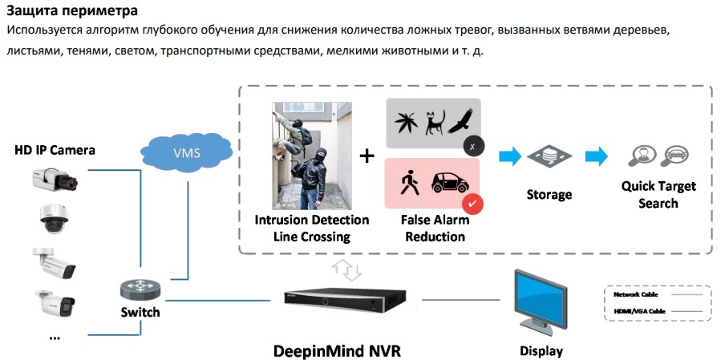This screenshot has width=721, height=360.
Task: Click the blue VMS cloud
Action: pos(186,152)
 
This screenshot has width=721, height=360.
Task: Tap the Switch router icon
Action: pos(140,289)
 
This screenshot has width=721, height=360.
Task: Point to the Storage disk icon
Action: pos(550,156)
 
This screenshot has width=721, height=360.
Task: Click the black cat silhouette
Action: pos(435,124)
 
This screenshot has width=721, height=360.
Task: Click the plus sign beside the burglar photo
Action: pos(367,156)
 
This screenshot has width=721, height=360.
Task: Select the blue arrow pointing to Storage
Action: pos(508,156)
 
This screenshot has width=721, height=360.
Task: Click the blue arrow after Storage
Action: pos(596,156)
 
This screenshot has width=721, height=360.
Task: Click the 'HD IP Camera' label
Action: pos(55,150)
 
